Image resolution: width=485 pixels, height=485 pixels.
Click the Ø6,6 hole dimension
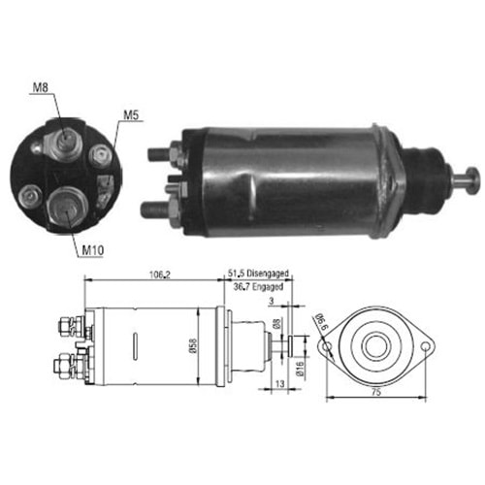coord(318,321)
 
